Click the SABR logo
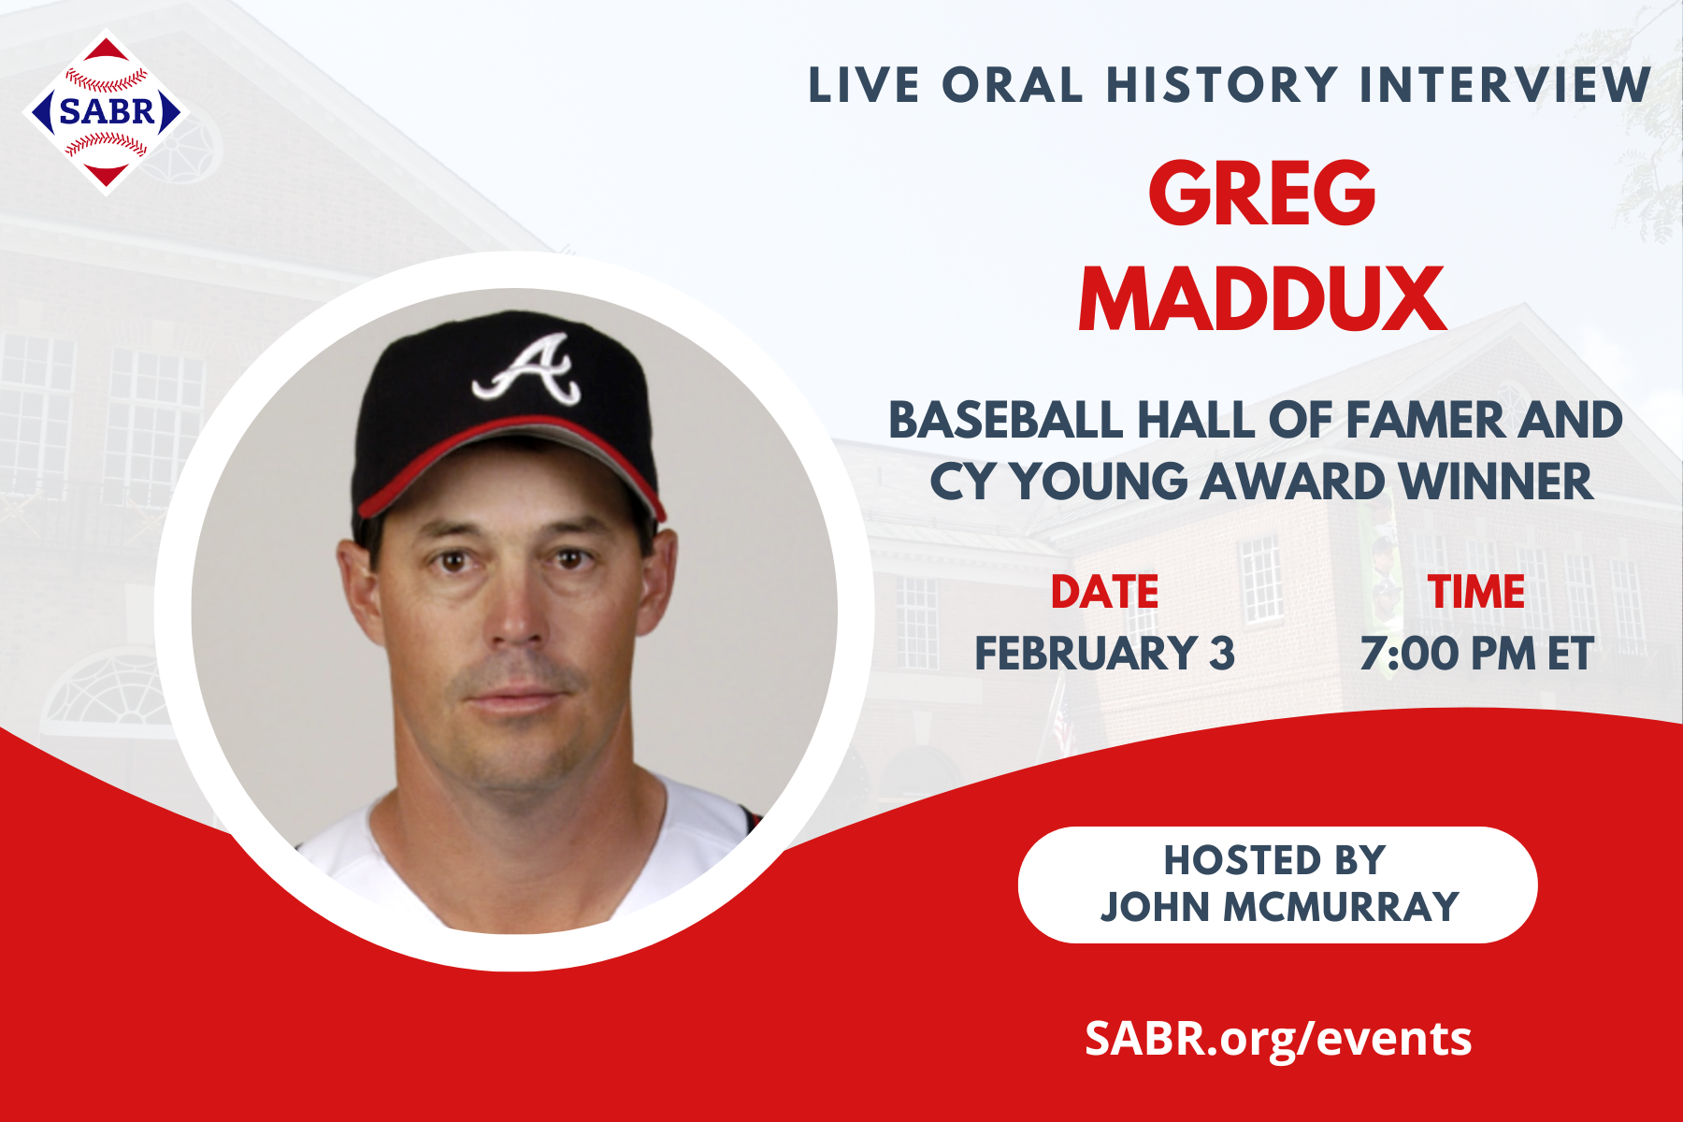tap(106, 112)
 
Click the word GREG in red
tap(1261, 193)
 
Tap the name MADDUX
tap(1262, 299)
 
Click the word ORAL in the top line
tap(1012, 85)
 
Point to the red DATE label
tap(1104, 592)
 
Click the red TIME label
tap(1475, 592)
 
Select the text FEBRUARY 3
tap(1104, 653)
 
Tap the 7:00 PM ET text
tap(1475, 653)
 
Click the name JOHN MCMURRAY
tap(1278, 907)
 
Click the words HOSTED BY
tap(1274, 860)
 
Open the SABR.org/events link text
tap(1278, 1038)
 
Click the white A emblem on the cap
tap(530, 370)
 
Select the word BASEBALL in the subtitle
tap(1006, 420)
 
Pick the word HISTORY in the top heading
tap(1222, 85)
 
